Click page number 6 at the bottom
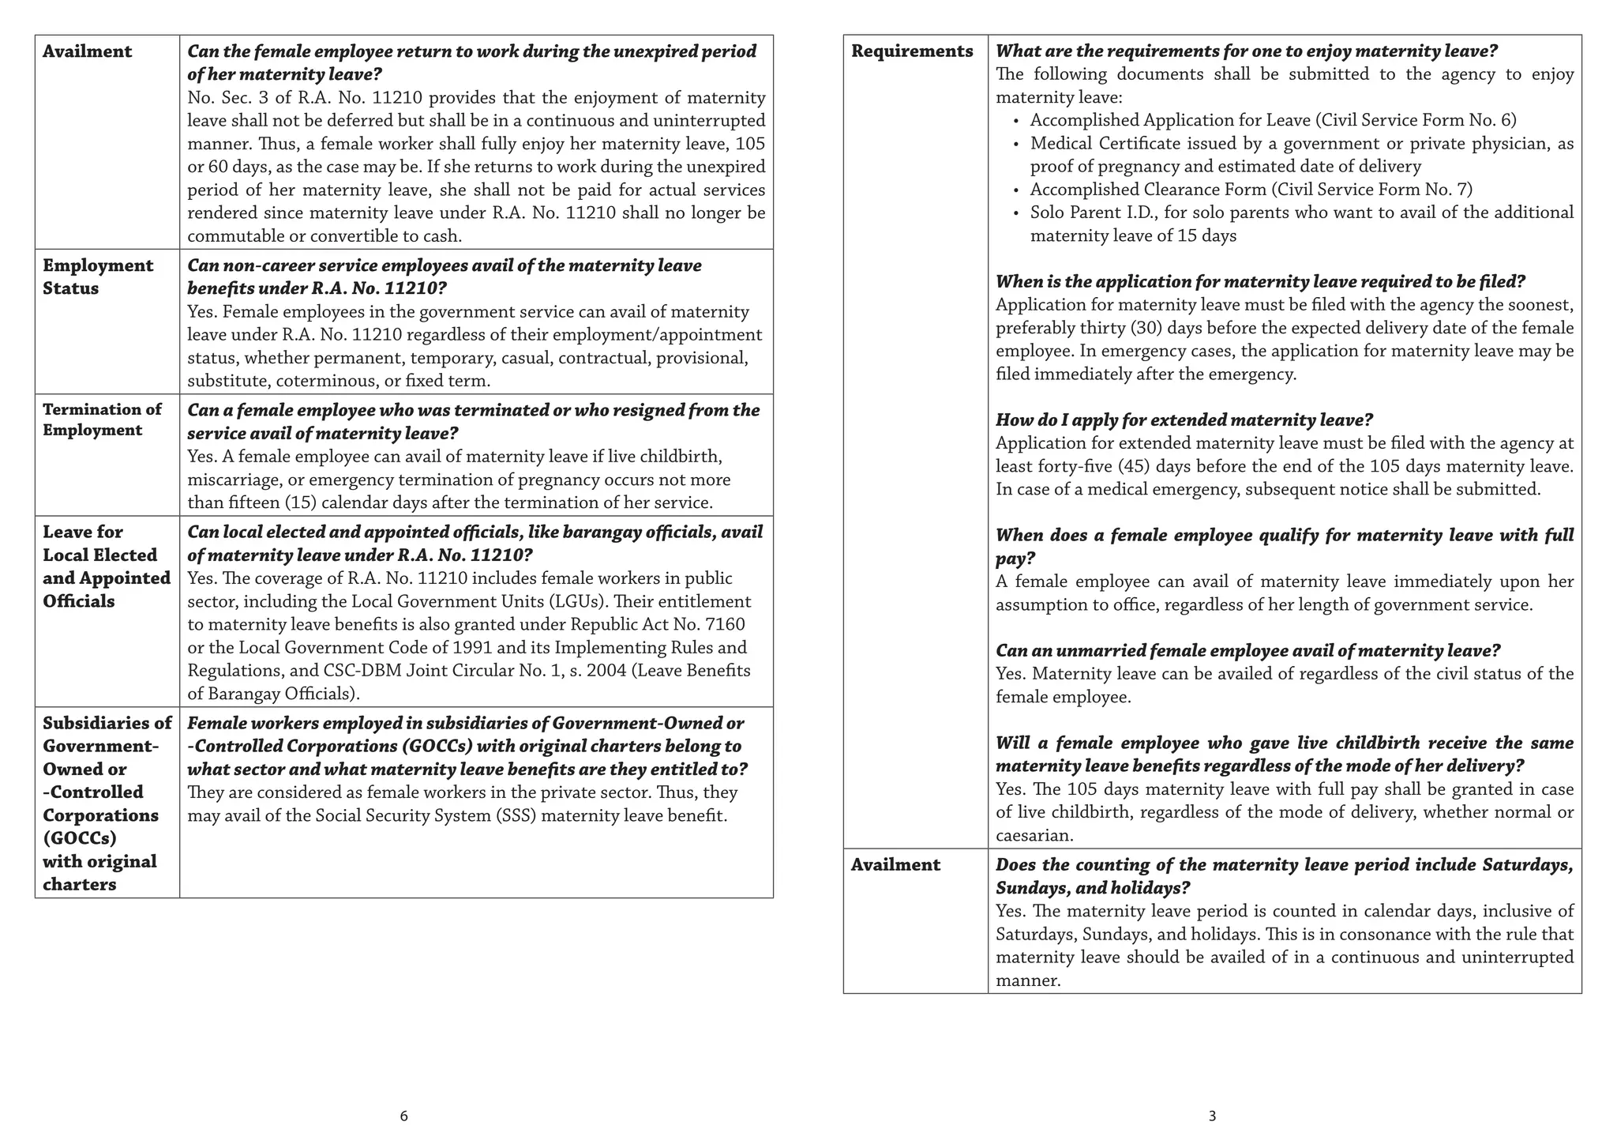403,1116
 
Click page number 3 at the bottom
1212,1116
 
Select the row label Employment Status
98,277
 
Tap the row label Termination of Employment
102,420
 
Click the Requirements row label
912,51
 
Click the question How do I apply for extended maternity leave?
1184,420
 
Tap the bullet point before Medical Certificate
1016,144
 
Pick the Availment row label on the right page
895,865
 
